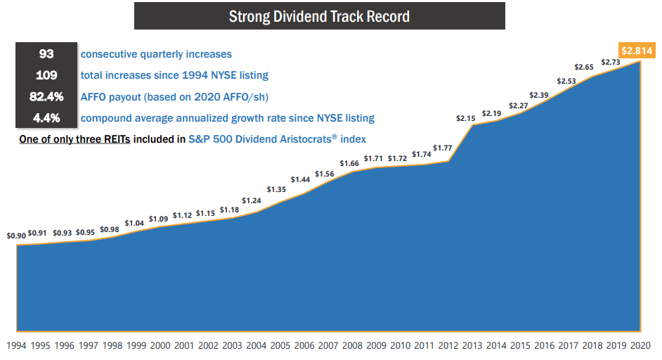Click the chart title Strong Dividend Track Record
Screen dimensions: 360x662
tap(319, 16)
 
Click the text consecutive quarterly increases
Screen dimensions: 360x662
tap(156, 54)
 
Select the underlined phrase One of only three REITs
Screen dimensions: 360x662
tap(75, 139)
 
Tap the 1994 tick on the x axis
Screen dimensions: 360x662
tap(17, 345)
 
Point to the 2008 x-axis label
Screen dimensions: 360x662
tap(351, 345)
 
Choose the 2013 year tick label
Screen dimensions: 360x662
tap(472, 345)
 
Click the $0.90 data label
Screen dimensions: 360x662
tap(17, 236)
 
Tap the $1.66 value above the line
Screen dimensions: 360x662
tap(350, 164)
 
